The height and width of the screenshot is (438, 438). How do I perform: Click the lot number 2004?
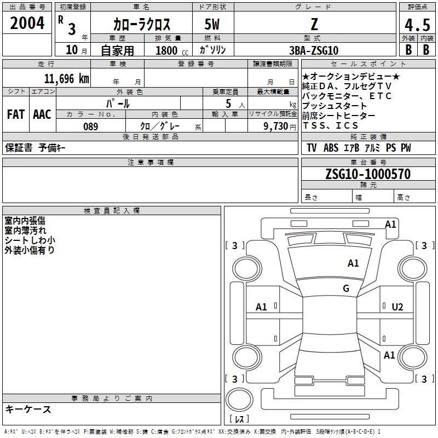tap(27, 23)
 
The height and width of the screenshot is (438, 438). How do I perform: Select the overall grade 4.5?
tap(417, 25)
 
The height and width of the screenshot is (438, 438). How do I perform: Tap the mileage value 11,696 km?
tap(66, 79)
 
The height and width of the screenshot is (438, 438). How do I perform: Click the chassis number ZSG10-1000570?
tap(368, 174)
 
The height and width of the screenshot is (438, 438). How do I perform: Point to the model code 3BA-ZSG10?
tap(314, 50)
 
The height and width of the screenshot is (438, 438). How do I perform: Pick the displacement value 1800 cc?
tap(172, 50)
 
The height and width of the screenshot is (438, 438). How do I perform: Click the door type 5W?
tap(212, 24)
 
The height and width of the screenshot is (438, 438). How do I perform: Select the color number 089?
tap(91, 126)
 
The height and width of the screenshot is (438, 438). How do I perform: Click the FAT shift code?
tap(16, 114)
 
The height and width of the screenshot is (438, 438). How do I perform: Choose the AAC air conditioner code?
tap(42, 114)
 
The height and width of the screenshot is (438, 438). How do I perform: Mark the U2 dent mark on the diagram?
tap(397, 307)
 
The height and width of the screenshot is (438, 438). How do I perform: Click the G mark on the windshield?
tap(346, 289)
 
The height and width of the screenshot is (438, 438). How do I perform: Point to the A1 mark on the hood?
tap(353, 263)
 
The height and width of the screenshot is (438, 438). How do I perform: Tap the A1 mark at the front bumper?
tap(390, 224)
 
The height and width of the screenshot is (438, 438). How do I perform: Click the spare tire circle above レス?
tap(239, 400)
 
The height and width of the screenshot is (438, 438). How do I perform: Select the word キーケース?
tap(28, 409)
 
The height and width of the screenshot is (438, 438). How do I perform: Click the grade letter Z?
tap(314, 24)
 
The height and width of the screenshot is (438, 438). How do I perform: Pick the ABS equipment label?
tap(331, 148)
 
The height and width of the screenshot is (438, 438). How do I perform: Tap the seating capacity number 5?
tap(228, 103)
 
